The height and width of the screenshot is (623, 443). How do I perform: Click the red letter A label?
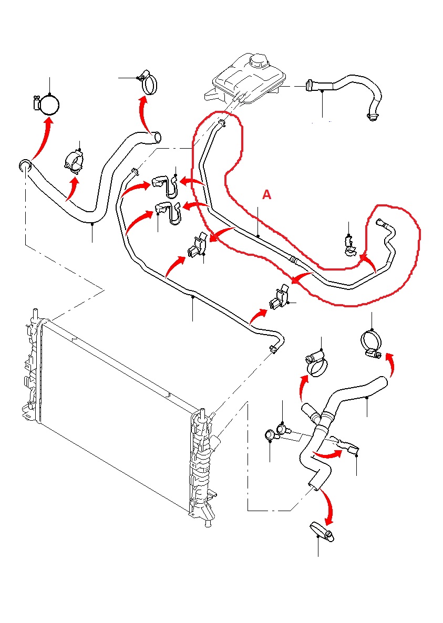tap(267, 195)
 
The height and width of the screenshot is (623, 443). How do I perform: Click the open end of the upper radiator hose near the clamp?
tap(157, 138)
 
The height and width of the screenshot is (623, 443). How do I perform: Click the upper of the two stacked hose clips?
tap(164, 183)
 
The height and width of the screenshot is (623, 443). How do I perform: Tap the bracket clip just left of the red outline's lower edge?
tap(197, 246)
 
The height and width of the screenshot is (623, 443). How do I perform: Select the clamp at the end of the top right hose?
tap(373, 116)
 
